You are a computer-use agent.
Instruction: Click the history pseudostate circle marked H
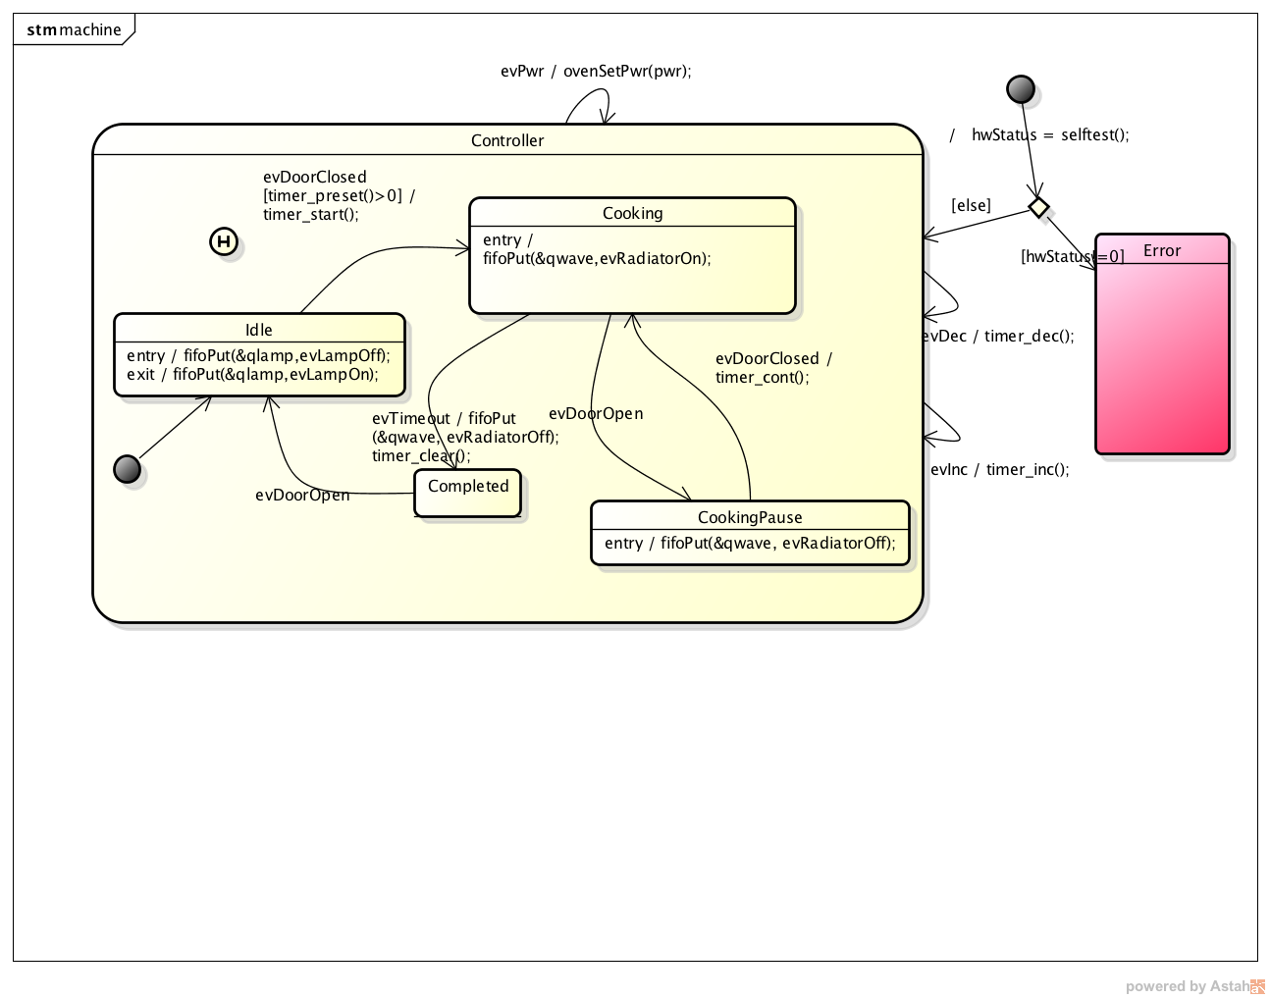[224, 241]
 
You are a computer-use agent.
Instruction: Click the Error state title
[1162, 250]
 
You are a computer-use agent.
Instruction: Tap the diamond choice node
[1038, 207]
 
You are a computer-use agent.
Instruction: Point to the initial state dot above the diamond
[1021, 89]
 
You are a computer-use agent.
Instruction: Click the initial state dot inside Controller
[128, 469]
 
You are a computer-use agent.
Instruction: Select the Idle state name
[259, 330]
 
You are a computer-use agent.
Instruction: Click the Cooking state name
[632, 213]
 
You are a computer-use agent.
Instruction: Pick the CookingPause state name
[750, 517]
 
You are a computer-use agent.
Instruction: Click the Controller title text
[507, 140]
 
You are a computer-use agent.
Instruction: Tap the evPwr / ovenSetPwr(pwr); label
[596, 71]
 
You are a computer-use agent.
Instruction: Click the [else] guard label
[971, 205]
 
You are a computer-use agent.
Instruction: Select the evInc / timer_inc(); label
[999, 469]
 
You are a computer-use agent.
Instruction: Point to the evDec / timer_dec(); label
[999, 336]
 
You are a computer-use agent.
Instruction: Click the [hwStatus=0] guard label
[1072, 256]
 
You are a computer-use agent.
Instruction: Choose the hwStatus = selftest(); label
[1049, 134]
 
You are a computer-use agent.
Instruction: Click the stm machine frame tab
[74, 29]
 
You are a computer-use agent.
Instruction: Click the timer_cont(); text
[763, 377]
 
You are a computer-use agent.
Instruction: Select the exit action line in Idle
[252, 374]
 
